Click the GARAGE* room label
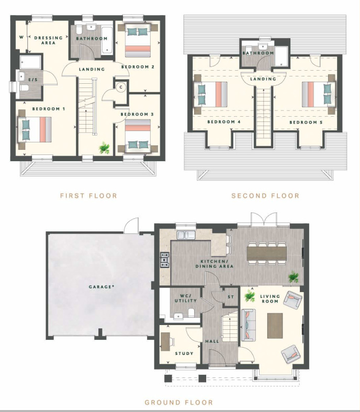[x=102, y=287]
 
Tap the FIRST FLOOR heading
[x=88, y=196]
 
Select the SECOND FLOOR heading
[x=265, y=196]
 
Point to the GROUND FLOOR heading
[x=179, y=402]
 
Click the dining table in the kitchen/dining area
[x=266, y=253]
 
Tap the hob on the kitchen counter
[x=165, y=260]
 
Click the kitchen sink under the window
[x=186, y=235]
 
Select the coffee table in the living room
[x=275, y=326]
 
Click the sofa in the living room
[x=249, y=325]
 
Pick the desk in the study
[x=165, y=341]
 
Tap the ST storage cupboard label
[x=231, y=297]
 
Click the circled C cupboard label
[x=121, y=87]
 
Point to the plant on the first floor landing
[x=104, y=148]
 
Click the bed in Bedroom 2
[x=138, y=40]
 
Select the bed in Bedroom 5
[x=318, y=94]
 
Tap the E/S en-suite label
[x=33, y=80]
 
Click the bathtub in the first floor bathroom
[x=107, y=40]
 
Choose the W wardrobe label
[x=21, y=37]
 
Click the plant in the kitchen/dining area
[x=294, y=277]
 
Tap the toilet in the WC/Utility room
[x=192, y=313]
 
